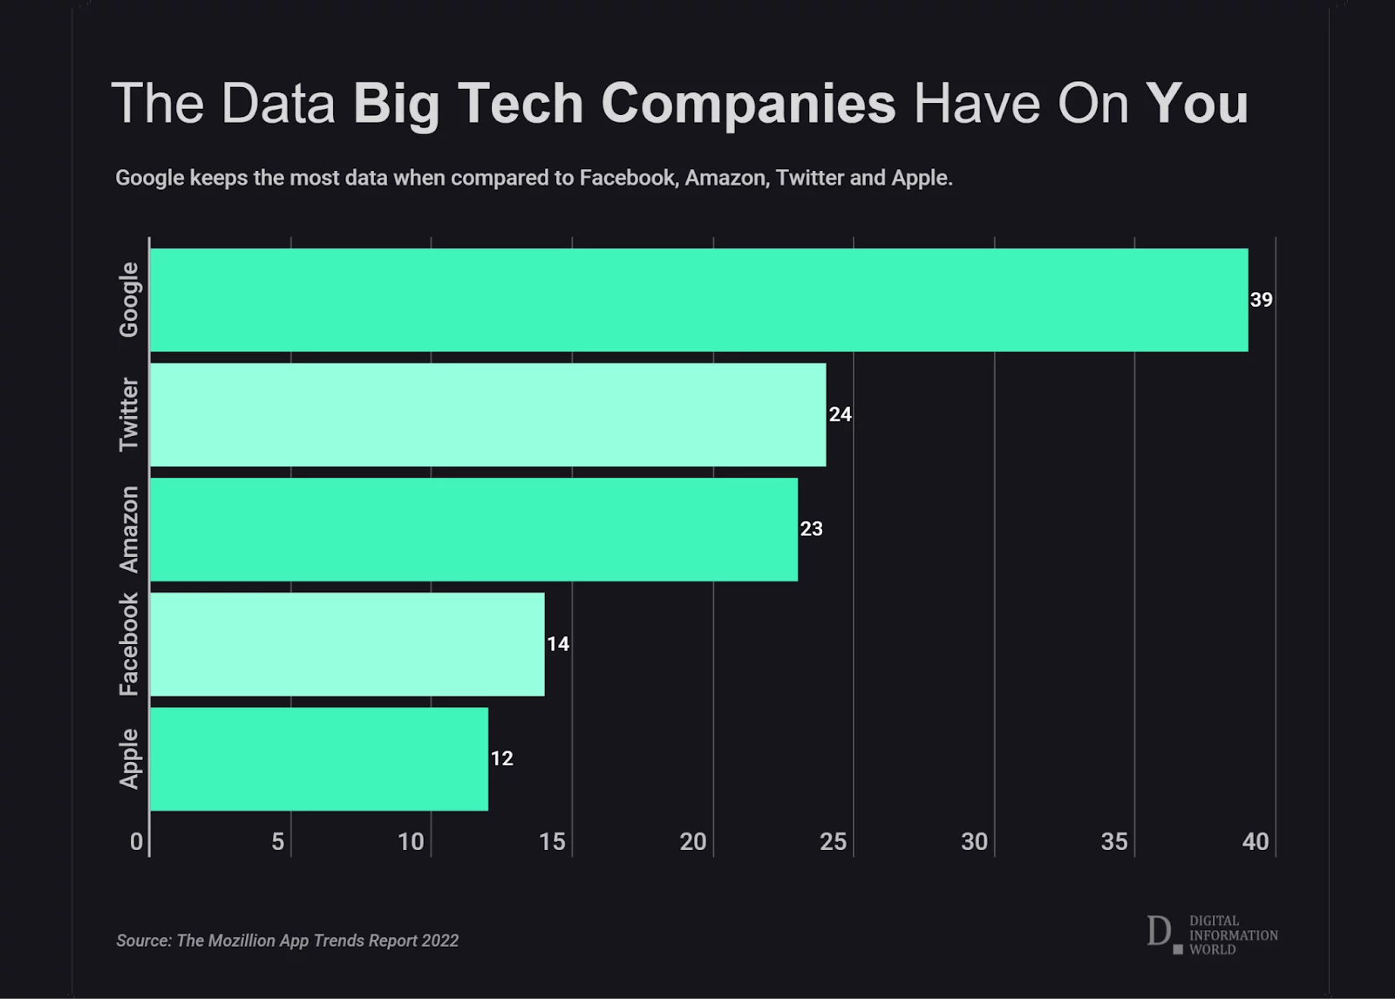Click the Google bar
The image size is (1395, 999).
(x=697, y=300)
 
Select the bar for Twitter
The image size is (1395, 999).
(x=488, y=415)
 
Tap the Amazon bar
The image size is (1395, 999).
(x=473, y=529)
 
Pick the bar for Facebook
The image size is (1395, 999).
(x=347, y=644)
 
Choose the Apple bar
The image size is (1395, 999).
(x=319, y=758)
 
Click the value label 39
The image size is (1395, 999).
(x=1261, y=300)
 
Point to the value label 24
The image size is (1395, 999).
(x=840, y=415)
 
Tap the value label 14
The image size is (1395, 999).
(x=558, y=644)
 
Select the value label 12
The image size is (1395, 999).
(x=501, y=758)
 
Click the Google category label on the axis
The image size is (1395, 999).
(x=129, y=300)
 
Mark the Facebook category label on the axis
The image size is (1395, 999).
(x=129, y=644)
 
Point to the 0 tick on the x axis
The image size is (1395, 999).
(x=136, y=841)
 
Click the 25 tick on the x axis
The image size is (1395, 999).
(x=833, y=841)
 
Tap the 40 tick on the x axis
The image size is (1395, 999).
(x=1255, y=841)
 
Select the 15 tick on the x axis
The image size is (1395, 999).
(x=552, y=841)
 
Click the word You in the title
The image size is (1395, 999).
(x=1196, y=104)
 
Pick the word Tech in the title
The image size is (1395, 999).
(x=520, y=104)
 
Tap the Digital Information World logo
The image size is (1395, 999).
(x=1211, y=934)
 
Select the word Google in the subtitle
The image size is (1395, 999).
(x=149, y=178)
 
